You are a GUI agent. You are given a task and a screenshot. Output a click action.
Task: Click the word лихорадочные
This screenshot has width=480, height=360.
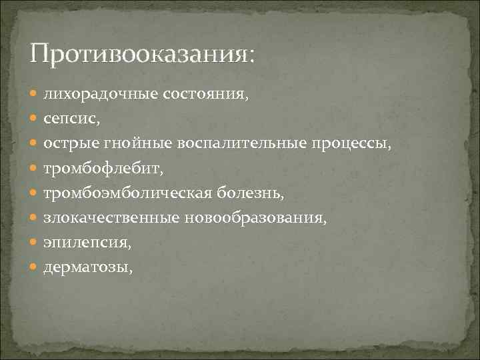pyautogui.click(x=101, y=93)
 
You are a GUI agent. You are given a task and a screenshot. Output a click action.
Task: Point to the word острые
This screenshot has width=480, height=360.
pyautogui.click(x=71, y=143)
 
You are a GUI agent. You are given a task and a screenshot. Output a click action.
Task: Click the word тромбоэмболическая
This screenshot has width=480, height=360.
pyautogui.click(x=127, y=193)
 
